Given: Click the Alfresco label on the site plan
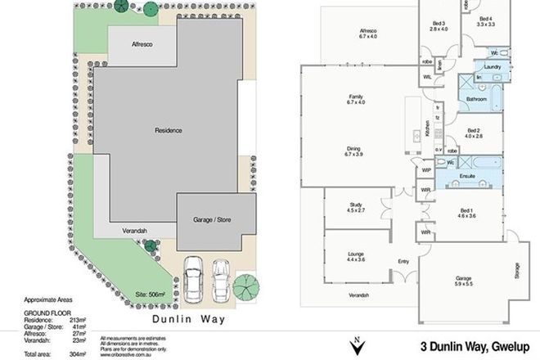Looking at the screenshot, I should tap(133, 44).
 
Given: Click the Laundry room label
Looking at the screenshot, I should tap(492, 67).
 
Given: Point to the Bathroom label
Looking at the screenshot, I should tap(476, 99).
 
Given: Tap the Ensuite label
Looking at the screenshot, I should tap(468, 175).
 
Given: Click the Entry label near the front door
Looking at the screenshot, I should tap(403, 263).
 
